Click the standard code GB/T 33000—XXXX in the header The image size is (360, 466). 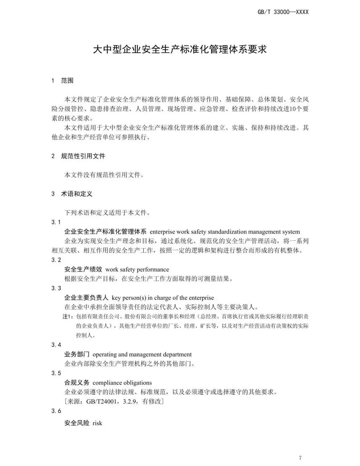pos(283,12)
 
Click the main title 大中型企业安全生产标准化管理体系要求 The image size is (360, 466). pos(180,50)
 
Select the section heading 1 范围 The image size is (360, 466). pos(62,81)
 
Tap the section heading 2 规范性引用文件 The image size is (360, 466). pos(78,156)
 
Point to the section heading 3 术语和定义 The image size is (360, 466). pos(72,194)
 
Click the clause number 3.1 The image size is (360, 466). pos(56,222)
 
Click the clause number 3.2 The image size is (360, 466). pos(56,260)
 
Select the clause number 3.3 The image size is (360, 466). pos(56,288)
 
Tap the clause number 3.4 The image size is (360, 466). pos(56,345)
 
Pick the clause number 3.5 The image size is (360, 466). pos(56,373)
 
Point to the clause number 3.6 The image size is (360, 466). pos(56,411)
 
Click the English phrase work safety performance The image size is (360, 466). pos(137,270)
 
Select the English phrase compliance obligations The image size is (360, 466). pos(122,383)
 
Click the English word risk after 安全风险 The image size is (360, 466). pos(97,423)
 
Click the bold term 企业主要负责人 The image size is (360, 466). pos(86,298)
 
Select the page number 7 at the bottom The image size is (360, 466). pos(300,458)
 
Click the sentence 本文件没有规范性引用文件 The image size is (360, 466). pos(103,175)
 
